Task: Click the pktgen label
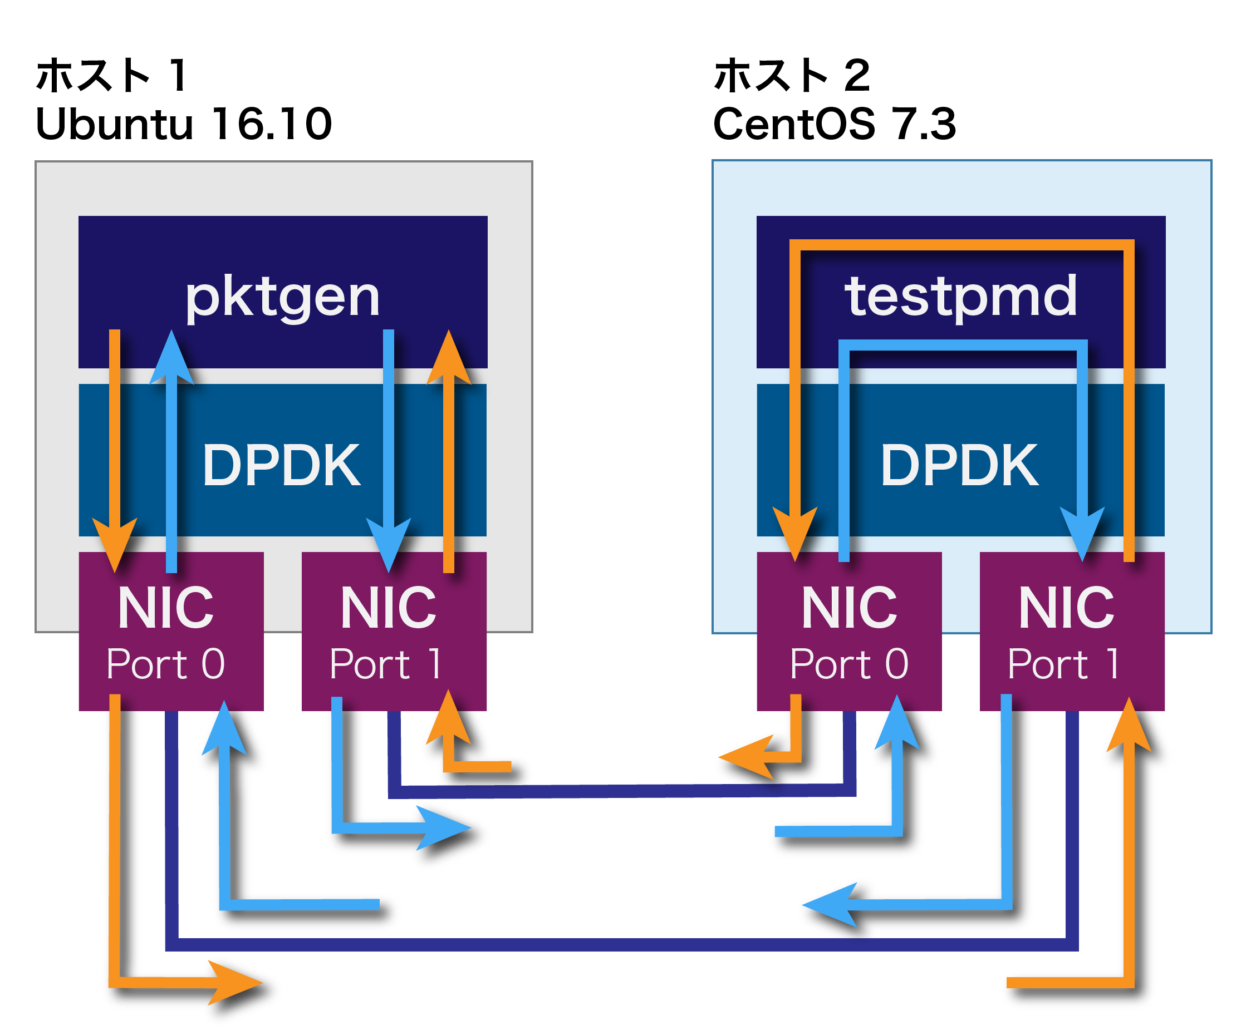pos(282,298)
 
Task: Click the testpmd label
pos(960,297)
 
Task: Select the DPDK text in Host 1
pos(281,466)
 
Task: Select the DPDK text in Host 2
pos(959,466)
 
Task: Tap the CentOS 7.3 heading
pos(834,125)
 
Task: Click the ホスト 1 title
pos(111,76)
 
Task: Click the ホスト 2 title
pos(792,76)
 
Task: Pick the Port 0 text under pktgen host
pos(165,664)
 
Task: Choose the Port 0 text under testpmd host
pos(849,664)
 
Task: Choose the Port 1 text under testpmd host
pos(1063,664)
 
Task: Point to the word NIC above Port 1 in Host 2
pos(1066,608)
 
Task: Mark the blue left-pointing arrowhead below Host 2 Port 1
pos(828,905)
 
